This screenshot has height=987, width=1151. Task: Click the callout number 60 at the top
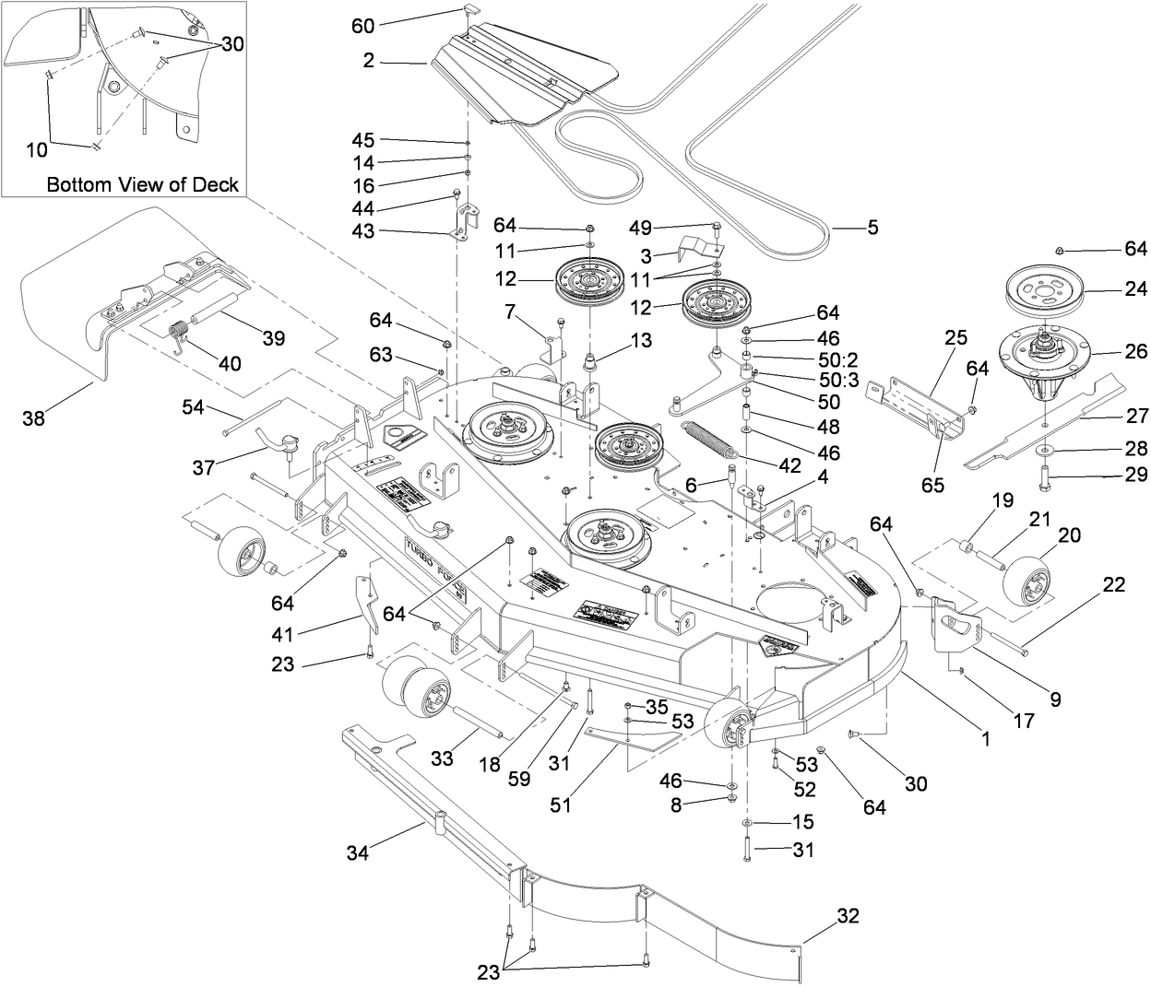click(362, 26)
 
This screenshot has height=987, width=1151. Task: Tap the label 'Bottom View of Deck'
click(143, 184)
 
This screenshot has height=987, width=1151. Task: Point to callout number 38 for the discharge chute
click(34, 419)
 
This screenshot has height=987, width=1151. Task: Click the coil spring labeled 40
click(182, 333)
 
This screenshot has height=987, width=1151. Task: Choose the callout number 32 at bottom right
click(848, 916)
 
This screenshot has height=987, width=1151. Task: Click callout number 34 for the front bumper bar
click(358, 853)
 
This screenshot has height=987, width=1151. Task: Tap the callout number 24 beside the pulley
click(1136, 289)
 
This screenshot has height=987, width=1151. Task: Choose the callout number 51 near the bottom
click(561, 805)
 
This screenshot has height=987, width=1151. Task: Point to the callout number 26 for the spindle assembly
click(1136, 351)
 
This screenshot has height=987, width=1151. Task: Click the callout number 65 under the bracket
click(932, 485)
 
